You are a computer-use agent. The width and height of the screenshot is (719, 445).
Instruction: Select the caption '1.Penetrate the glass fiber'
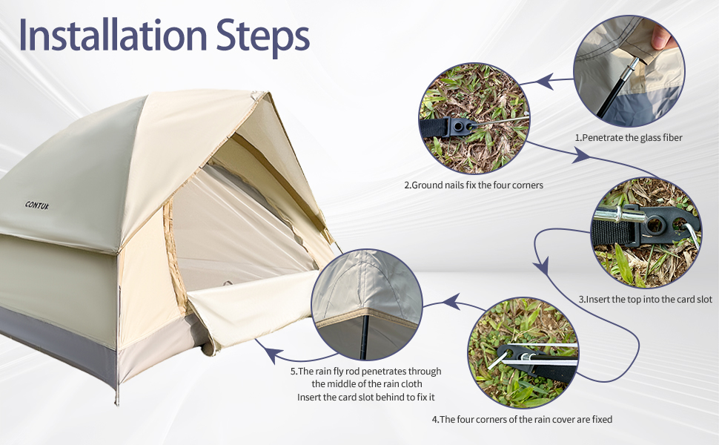coord(628,137)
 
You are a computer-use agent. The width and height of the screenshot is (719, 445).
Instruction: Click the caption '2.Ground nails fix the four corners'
coord(474,185)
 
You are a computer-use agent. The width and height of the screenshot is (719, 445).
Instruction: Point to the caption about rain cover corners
coord(522,420)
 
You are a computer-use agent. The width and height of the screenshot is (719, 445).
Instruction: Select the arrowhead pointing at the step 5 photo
coord(448,302)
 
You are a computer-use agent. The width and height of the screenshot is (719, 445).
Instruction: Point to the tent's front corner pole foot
coord(116,400)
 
